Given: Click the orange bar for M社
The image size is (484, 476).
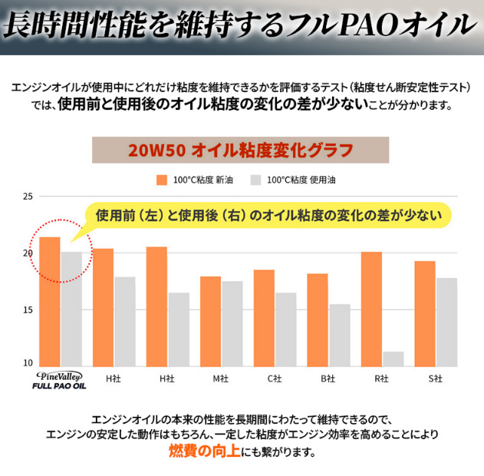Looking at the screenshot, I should pyautogui.click(x=210, y=321).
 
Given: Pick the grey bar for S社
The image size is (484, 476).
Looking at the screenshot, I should pyautogui.click(x=446, y=322).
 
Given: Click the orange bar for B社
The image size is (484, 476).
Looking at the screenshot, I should pyautogui.click(x=318, y=319).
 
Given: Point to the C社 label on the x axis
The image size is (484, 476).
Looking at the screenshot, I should pyautogui.click(x=274, y=378).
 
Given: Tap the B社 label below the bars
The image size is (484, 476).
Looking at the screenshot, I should pyautogui.click(x=328, y=378).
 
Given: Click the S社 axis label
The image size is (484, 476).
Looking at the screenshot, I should pyautogui.click(x=435, y=378).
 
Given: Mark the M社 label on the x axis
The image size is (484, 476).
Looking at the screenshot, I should pyautogui.click(x=220, y=378).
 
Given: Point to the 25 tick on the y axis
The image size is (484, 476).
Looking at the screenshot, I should pyautogui.click(x=28, y=197).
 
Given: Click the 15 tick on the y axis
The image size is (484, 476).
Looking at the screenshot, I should pyautogui.click(x=28, y=309).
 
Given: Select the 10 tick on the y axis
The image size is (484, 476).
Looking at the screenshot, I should pyautogui.click(x=28, y=363).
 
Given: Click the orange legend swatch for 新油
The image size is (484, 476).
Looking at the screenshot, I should pyautogui.click(x=162, y=180).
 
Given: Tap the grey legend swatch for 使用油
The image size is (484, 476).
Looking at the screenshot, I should pyautogui.click(x=256, y=180).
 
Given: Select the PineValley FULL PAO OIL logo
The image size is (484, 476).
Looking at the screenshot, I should pyautogui.click(x=59, y=382).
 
